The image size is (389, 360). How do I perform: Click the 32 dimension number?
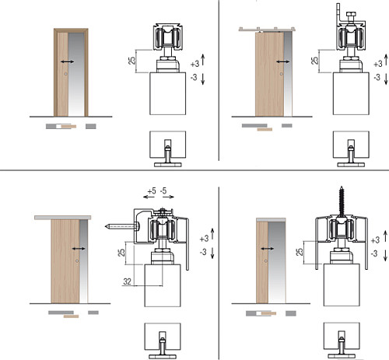[x=127, y=281]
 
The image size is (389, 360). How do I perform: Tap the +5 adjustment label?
[x=152, y=191]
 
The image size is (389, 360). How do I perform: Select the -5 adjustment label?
[x=163, y=191]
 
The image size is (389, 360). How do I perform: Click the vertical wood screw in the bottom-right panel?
[x=342, y=200]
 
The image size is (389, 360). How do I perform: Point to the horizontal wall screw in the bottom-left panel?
[x=122, y=227]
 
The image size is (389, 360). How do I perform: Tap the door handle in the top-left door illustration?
[x=66, y=74]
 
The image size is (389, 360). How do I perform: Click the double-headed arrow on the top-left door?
[x=67, y=61]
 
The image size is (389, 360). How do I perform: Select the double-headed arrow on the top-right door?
[x=282, y=61]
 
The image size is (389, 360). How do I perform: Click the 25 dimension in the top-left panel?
[x=132, y=61]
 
